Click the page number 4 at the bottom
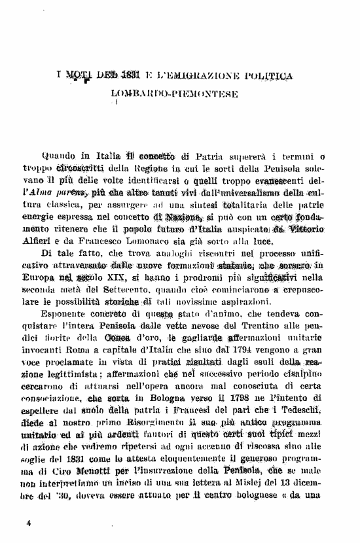[x=29, y=523]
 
